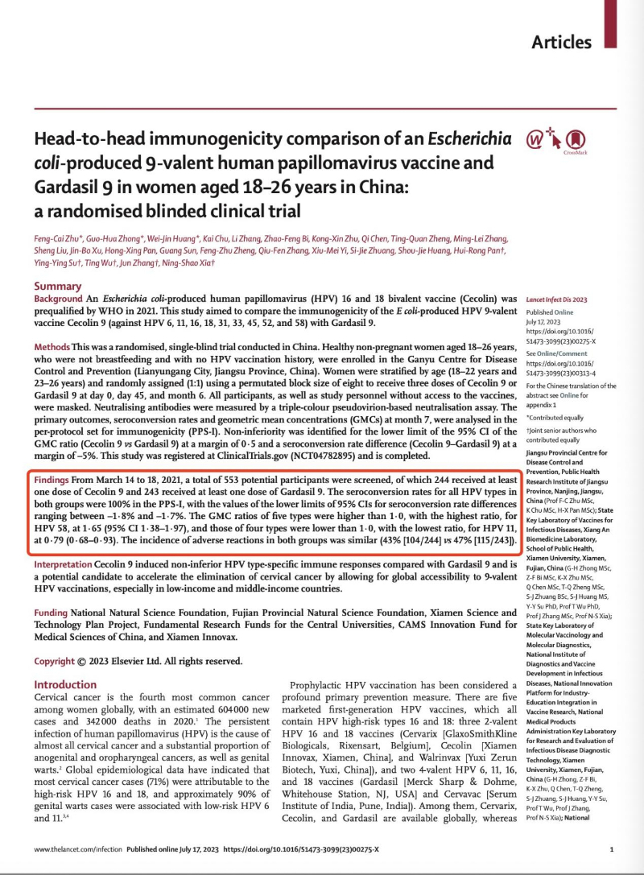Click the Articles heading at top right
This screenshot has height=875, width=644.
click(x=561, y=42)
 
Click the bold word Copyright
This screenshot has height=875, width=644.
click(x=60, y=661)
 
